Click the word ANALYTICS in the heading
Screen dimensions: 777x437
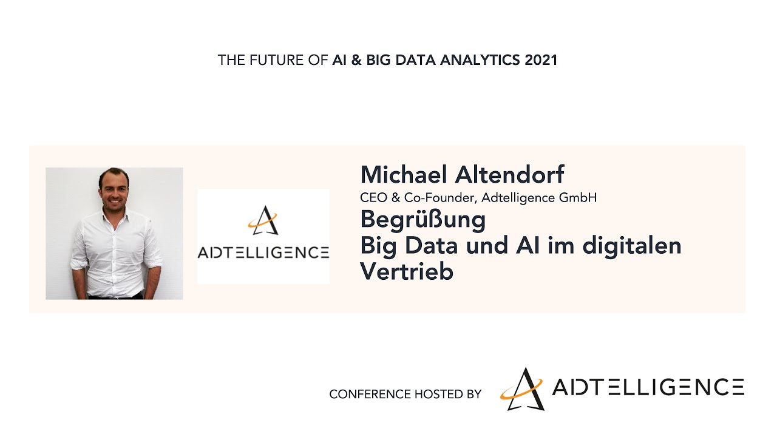click(x=480, y=60)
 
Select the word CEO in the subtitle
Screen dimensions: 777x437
click(x=373, y=198)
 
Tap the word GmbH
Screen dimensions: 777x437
click(x=578, y=198)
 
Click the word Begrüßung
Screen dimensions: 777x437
click(x=423, y=220)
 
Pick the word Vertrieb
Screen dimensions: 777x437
click(x=407, y=271)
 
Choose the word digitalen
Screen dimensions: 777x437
click(x=632, y=246)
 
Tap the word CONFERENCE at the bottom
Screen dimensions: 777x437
click(x=370, y=394)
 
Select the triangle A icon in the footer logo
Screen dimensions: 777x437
click(x=523, y=389)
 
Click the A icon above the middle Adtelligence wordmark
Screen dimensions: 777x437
click(x=263, y=220)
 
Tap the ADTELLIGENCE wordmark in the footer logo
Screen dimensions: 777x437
click(x=648, y=387)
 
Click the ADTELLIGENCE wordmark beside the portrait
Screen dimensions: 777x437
click(x=263, y=252)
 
